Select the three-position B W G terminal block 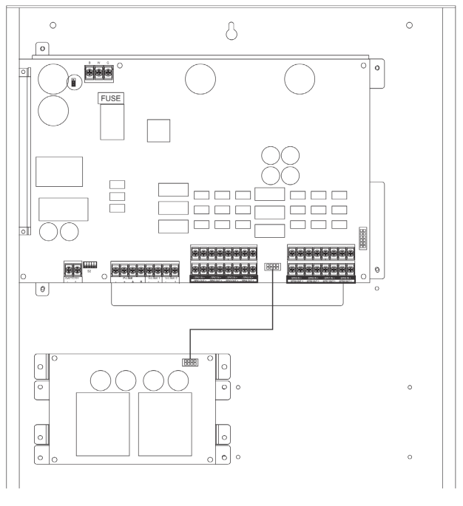click(x=101, y=73)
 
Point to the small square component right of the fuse click(x=158, y=131)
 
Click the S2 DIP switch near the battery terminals click(x=92, y=264)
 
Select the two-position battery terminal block click(x=73, y=271)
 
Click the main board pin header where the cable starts click(x=273, y=267)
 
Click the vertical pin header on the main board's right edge click(x=363, y=239)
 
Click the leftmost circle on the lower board click(x=101, y=380)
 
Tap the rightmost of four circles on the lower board click(x=177, y=380)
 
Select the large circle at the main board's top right click(x=300, y=78)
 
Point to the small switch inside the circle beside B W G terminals click(x=73, y=81)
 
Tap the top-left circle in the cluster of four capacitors click(x=271, y=156)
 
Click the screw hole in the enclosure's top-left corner click(x=53, y=27)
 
